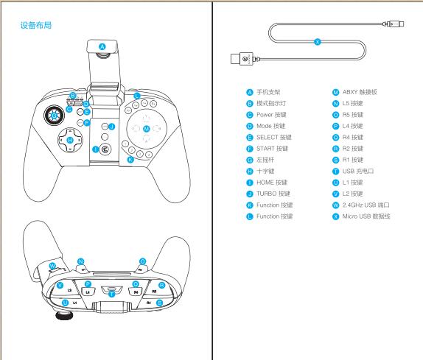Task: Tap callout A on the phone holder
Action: pos(102,46)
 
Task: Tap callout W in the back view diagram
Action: pos(51,266)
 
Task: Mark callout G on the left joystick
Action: pos(54,114)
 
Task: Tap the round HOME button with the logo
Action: pos(106,149)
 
